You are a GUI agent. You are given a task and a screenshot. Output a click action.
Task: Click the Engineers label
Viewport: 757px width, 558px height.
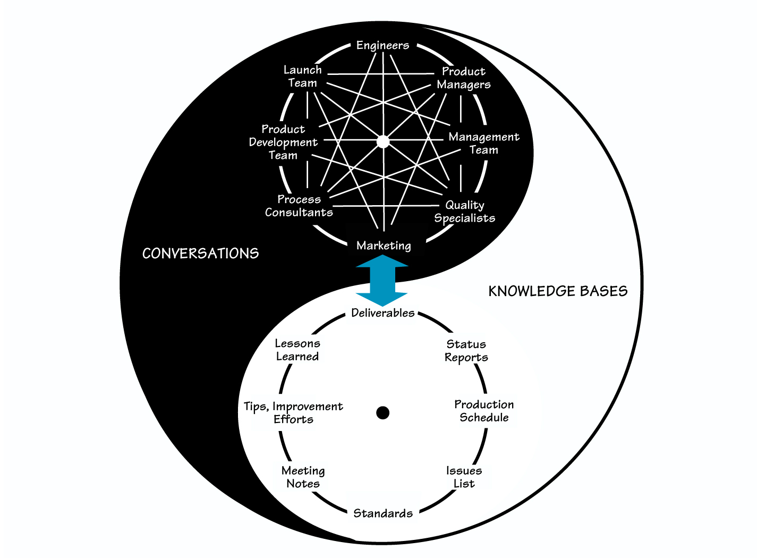coord(382,46)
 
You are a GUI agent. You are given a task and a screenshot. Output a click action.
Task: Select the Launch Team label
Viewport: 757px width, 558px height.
coord(302,77)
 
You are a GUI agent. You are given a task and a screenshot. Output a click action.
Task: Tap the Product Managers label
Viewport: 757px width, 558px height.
coord(463,78)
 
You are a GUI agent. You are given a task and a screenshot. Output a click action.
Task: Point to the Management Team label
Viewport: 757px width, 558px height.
coord(483,143)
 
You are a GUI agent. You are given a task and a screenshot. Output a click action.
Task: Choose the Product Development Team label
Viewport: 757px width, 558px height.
coord(283,142)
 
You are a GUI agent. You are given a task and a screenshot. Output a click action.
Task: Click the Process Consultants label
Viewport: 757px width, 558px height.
coord(299,206)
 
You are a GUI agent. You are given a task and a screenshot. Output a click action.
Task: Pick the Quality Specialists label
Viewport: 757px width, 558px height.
coord(465,212)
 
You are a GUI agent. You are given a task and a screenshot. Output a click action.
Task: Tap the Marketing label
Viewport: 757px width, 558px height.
coord(384,246)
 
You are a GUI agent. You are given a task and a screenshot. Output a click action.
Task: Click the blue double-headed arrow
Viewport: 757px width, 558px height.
coord(382,280)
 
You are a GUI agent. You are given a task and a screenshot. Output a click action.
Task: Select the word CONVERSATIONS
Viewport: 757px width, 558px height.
coord(200,253)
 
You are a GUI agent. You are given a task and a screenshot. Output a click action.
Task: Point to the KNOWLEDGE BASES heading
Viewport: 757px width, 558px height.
coord(558,291)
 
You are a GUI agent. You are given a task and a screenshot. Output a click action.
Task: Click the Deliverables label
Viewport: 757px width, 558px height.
coord(382,313)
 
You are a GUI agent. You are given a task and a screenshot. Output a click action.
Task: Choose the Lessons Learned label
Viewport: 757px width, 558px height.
coord(297,350)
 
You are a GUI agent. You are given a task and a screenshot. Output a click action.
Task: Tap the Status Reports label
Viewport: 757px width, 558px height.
coord(466,351)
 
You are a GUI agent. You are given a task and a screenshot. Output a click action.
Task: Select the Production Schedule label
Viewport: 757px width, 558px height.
coord(484,411)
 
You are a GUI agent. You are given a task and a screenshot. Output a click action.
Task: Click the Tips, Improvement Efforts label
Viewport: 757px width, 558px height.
coord(293,413)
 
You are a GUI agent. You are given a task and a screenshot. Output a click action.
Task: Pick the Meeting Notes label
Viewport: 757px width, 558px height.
coord(303,477)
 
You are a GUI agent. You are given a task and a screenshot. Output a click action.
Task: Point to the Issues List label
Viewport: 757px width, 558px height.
coord(464,477)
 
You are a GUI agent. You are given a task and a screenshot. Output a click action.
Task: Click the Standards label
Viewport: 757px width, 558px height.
coord(383,513)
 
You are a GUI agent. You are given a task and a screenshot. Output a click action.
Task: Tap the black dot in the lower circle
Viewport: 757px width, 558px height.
coord(382,412)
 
